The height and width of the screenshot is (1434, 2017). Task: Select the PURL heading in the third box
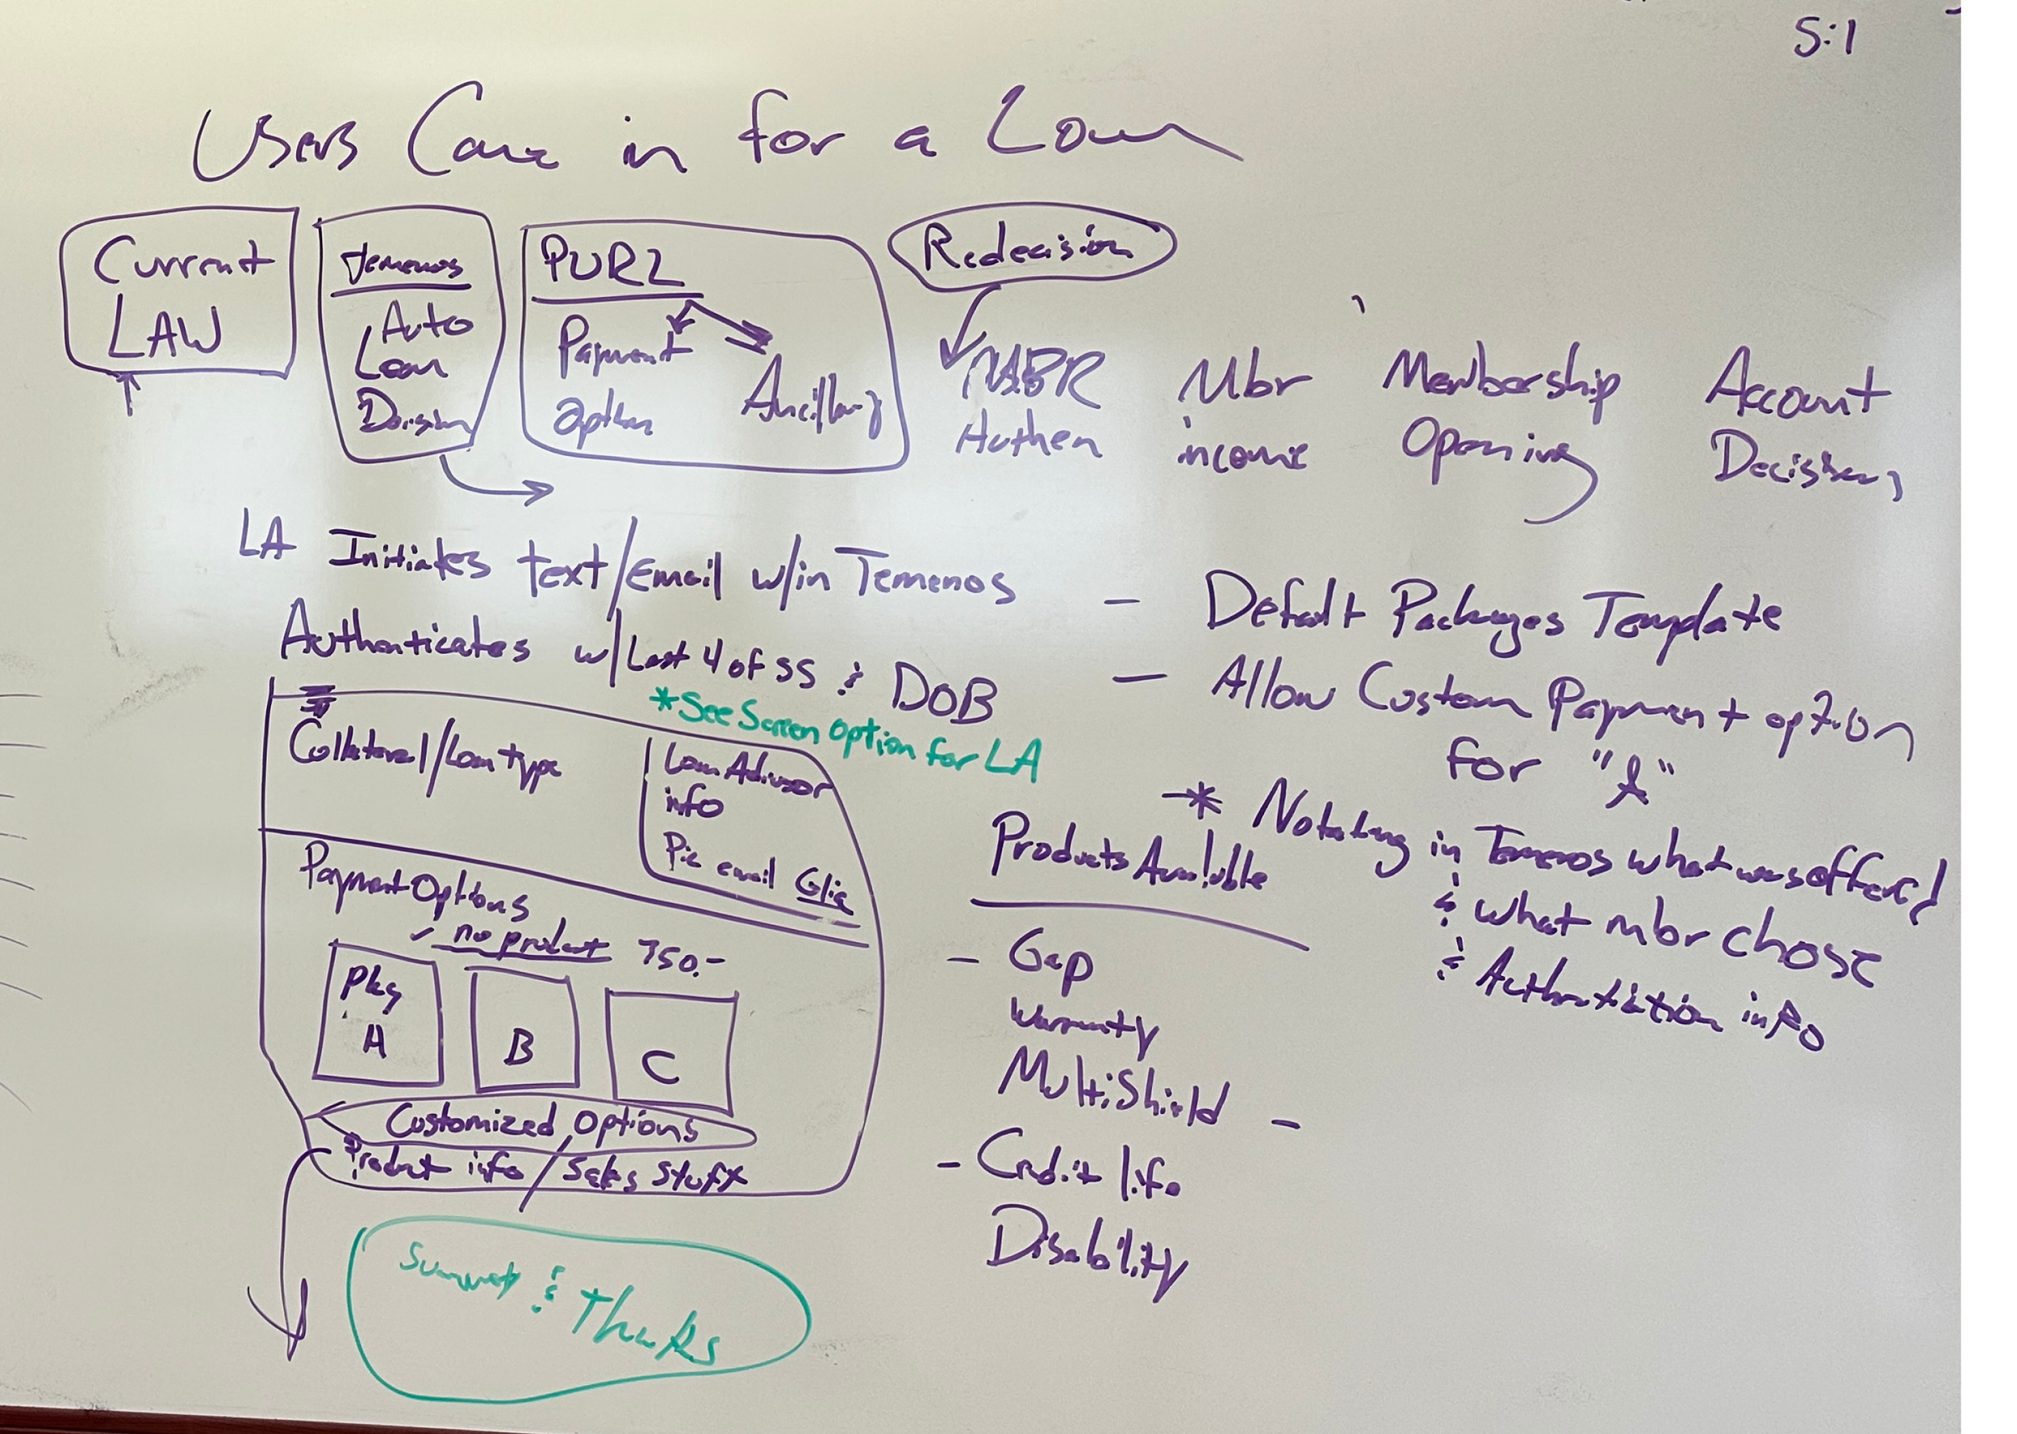pyautogui.click(x=609, y=265)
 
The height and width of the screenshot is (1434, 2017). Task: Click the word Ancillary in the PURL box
pyautogui.click(x=812, y=402)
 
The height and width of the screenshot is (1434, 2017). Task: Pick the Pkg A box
pyautogui.click(x=377, y=1020)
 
